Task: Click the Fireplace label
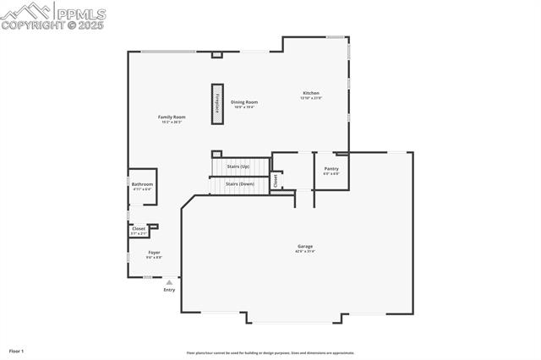tap(217, 104)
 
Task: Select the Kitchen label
tap(311, 93)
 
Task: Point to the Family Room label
tap(172, 117)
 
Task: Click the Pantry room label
tap(331, 168)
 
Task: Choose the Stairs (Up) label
tap(238, 166)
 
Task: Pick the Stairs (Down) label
tap(239, 183)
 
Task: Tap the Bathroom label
tap(142, 184)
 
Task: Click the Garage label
tap(304, 246)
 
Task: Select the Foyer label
tap(155, 252)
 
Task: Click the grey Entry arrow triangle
tap(169, 282)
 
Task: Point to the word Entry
tap(169, 290)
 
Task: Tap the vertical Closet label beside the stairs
tap(276, 181)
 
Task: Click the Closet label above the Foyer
tap(139, 228)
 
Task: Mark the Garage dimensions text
tap(304, 251)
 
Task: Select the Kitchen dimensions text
tap(311, 98)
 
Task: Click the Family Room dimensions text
tap(172, 122)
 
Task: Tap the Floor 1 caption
tap(17, 350)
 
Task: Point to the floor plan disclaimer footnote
tap(270, 353)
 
